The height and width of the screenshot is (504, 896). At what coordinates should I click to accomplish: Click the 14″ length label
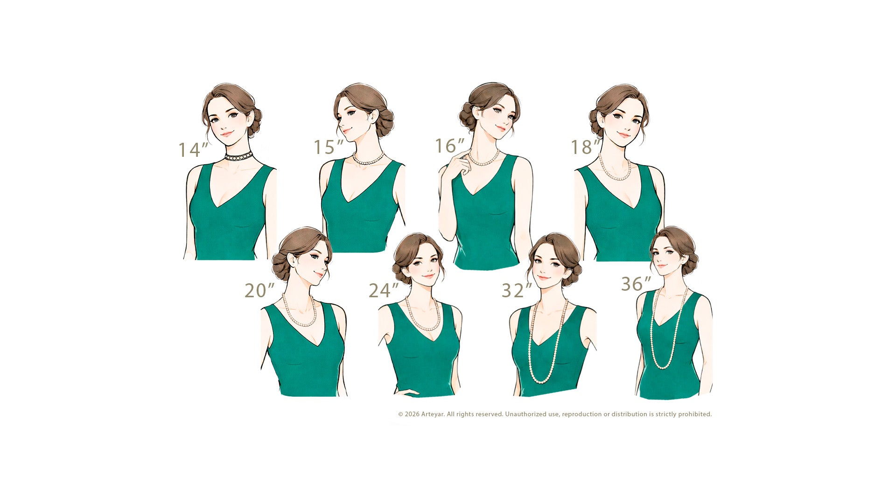pyautogui.click(x=193, y=150)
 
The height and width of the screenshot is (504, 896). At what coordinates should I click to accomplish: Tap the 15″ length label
pyautogui.click(x=329, y=147)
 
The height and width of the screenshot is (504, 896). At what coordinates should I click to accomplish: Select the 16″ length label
pyautogui.click(x=450, y=146)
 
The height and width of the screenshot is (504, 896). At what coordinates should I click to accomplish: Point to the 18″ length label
pyautogui.click(x=586, y=147)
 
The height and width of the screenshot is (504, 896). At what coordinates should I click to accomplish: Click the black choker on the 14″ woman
pyautogui.click(x=238, y=156)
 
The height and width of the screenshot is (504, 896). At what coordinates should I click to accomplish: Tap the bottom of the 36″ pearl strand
pyautogui.click(x=662, y=367)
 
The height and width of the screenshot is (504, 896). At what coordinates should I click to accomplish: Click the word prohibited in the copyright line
pyautogui.click(x=695, y=414)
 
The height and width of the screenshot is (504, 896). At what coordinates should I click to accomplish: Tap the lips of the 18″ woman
pyautogui.click(x=623, y=135)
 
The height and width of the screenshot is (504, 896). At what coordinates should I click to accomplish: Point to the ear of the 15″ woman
pyautogui.click(x=372, y=117)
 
